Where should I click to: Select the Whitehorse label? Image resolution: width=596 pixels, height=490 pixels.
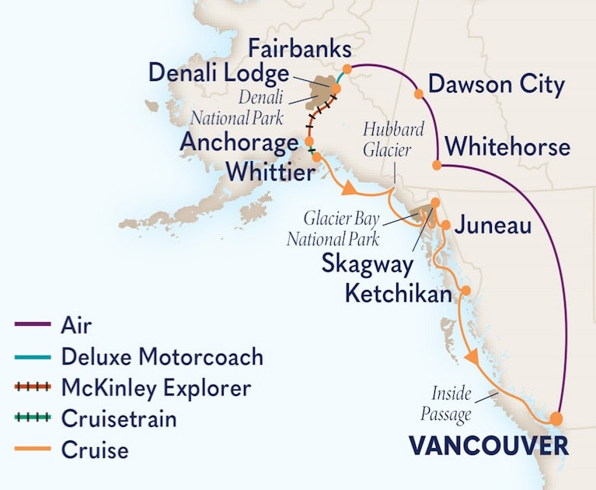click(x=508, y=146)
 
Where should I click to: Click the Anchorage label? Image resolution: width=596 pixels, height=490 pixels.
click(x=239, y=142)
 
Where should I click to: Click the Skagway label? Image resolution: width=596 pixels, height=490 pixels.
click(x=367, y=264)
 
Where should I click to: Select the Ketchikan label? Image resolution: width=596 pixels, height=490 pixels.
click(x=398, y=295)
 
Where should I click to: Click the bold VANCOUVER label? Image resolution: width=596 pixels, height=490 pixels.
click(x=488, y=446)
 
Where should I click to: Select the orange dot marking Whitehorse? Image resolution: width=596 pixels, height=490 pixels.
click(x=437, y=165)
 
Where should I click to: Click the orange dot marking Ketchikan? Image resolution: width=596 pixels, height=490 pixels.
click(x=466, y=292)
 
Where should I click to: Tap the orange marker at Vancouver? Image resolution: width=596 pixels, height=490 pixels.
click(x=556, y=418)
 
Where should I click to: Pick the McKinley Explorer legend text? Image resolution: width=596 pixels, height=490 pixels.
click(x=155, y=387)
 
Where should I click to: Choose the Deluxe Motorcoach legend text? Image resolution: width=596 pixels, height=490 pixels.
click(x=162, y=357)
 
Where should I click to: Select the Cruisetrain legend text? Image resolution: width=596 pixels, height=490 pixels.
click(x=118, y=418)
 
